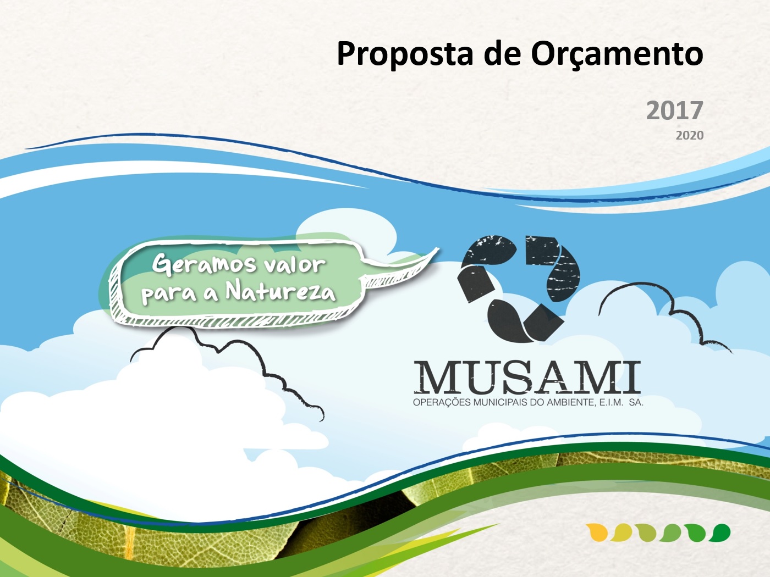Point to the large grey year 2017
[675, 110]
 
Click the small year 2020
[690, 135]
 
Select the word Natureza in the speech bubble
[280, 293]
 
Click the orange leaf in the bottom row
[597, 532]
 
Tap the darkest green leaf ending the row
[719, 532]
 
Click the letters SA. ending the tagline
[636, 403]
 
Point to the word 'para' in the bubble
[168, 295]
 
